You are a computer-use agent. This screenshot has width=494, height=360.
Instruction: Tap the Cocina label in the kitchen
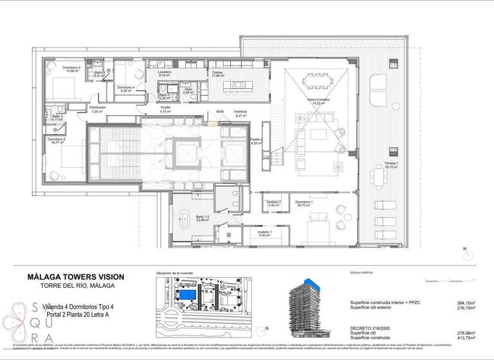pyautogui.click(x=217, y=72)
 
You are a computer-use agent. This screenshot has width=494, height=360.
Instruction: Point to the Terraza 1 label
pyautogui.click(x=392, y=163)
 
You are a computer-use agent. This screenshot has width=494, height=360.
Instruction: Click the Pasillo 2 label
pyautogui.click(x=256, y=139)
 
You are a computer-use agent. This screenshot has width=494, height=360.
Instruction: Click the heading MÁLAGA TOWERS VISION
pyautogui.click(x=76, y=276)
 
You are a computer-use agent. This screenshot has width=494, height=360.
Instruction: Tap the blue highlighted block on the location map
pyautogui.click(x=187, y=294)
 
